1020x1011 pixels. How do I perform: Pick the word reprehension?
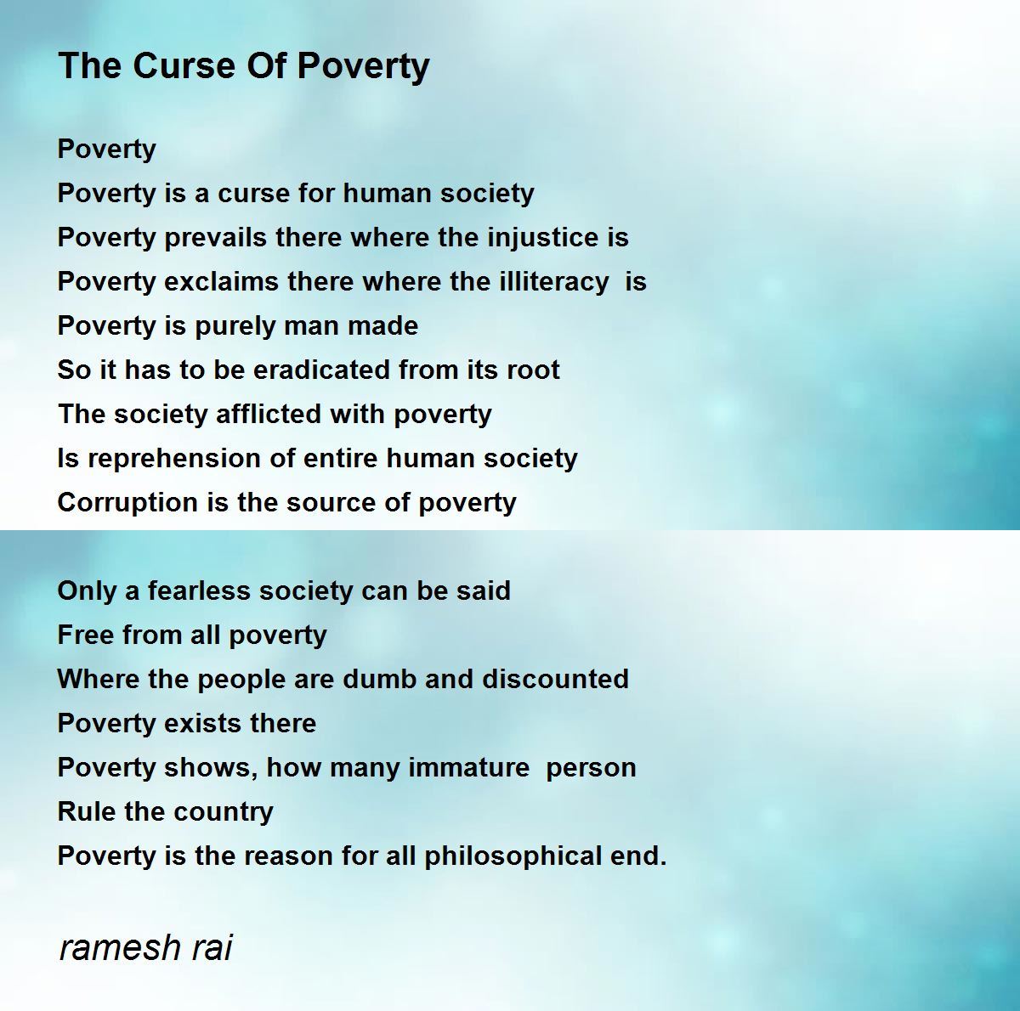click(x=174, y=459)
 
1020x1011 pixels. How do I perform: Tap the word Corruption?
click(x=127, y=502)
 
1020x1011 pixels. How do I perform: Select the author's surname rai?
click(x=212, y=948)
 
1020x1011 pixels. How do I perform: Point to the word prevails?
click(x=215, y=237)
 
